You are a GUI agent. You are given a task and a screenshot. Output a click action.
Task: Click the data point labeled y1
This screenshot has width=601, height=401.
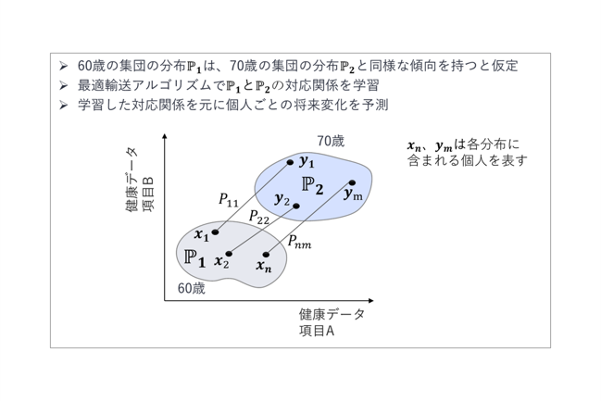tap(290, 163)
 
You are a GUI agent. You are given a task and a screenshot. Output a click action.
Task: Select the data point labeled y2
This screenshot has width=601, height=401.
tap(296, 206)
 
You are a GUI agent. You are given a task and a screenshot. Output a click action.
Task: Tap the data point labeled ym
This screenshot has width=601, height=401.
tap(352, 182)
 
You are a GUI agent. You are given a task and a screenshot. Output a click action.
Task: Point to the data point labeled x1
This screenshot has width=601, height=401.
tap(215, 232)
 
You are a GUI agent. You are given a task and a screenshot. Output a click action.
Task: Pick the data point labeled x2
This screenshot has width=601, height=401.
tap(229, 254)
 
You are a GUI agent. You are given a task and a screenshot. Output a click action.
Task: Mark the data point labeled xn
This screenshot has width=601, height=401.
tap(266, 254)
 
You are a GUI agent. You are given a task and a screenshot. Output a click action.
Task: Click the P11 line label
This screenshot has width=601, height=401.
tap(229, 199)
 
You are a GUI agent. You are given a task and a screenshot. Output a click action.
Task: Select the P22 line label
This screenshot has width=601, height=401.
tap(258, 217)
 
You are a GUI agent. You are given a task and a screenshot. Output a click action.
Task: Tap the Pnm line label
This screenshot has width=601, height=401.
tap(299, 242)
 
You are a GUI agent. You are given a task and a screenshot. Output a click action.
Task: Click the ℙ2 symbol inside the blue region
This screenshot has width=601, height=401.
tap(312, 185)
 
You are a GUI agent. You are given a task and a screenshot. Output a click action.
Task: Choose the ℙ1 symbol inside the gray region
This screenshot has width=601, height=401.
tap(194, 257)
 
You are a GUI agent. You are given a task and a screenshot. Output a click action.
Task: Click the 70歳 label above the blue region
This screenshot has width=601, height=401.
tap(331, 141)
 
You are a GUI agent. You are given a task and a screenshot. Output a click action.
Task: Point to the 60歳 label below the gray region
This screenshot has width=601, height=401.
tap(192, 288)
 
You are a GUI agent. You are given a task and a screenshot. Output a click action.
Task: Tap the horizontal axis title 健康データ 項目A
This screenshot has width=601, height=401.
tap(332, 322)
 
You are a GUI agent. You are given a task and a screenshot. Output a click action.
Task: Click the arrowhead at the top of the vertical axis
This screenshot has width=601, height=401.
tap(165, 136)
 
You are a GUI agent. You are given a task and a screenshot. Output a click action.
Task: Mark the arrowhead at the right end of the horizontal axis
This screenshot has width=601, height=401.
tap(370, 301)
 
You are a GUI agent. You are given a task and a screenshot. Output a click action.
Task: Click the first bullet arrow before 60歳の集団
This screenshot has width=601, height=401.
tap(63, 66)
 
